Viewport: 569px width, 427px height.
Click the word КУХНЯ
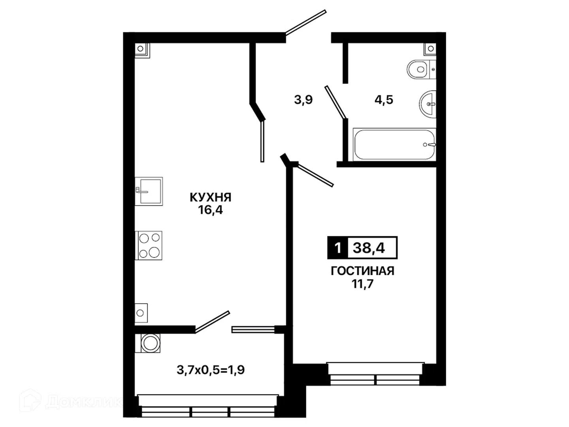pyautogui.click(x=210, y=197)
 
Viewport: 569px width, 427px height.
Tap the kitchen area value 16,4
pyautogui.click(x=210, y=210)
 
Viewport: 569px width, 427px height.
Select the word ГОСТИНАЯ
pyautogui.click(x=362, y=271)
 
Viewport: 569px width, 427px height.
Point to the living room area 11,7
pyautogui.click(x=362, y=284)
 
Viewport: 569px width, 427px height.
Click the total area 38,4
pyautogui.click(x=369, y=248)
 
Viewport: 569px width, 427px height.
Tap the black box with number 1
pyautogui.click(x=337, y=248)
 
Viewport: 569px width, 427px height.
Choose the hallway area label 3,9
pyautogui.click(x=303, y=100)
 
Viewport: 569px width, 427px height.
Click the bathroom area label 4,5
pyautogui.click(x=384, y=100)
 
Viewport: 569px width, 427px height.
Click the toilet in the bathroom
pyautogui.click(x=421, y=69)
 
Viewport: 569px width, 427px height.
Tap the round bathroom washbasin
pyautogui.click(x=428, y=104)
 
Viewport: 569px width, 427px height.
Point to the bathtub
pyautogui.click(x=394, y=144)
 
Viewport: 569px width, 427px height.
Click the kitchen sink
pyautogui.click(x=149, y=191)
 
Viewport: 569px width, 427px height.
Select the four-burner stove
pyautogui.click(x=149, y=246)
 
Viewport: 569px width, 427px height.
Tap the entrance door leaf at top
pyautogui.click(x=306, y=22)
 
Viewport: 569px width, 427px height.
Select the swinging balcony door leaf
pyautogui.click(x=212, y=321)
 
